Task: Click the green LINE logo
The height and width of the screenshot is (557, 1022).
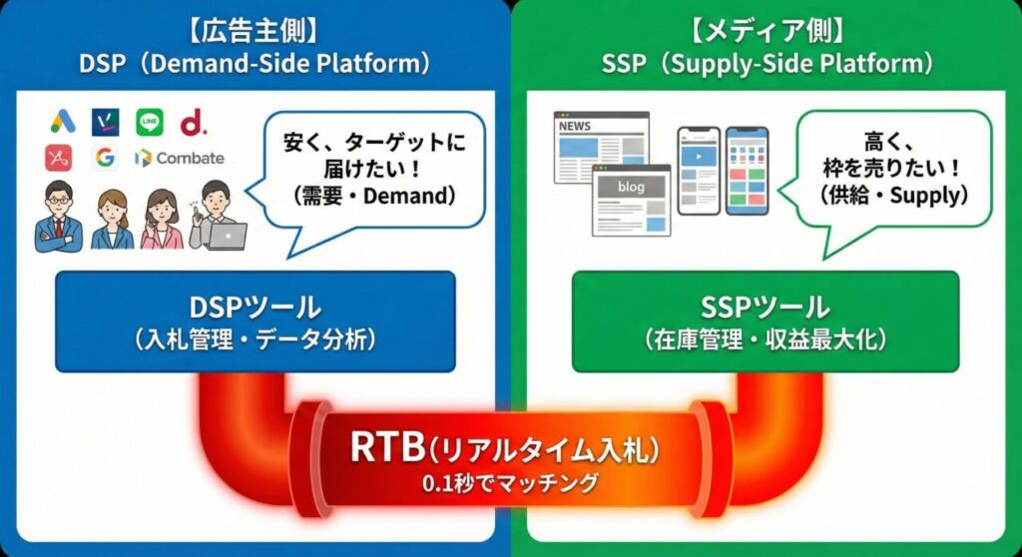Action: tap(149, 122)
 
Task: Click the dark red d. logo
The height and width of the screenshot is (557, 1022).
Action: tap(193, 123)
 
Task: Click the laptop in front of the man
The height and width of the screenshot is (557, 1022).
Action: tap(229, 236)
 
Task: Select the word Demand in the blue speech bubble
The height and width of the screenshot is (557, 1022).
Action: tap(408, 197)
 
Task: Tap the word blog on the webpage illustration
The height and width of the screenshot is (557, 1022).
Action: tap(631, 187)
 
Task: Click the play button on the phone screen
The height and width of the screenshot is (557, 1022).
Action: tap(699, 157)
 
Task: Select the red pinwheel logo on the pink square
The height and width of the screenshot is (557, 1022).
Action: tap(58, 157)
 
